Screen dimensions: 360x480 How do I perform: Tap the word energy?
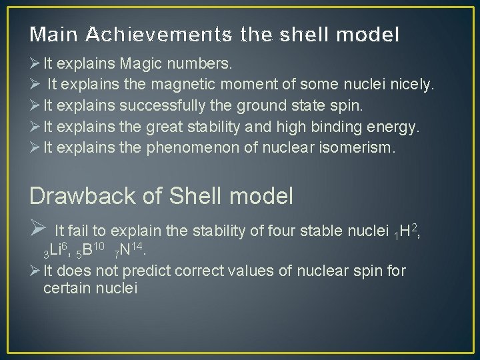click(373, 128)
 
